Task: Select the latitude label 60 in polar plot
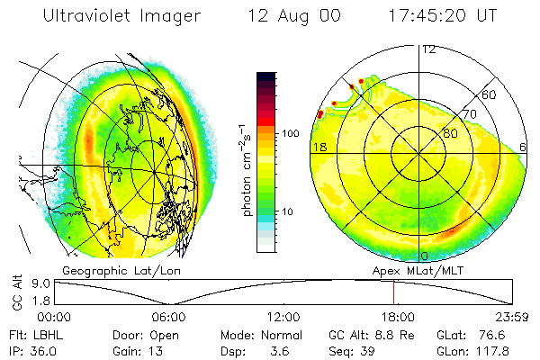click(x=490, y=94)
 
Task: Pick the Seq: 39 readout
click(x=358, y=350)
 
